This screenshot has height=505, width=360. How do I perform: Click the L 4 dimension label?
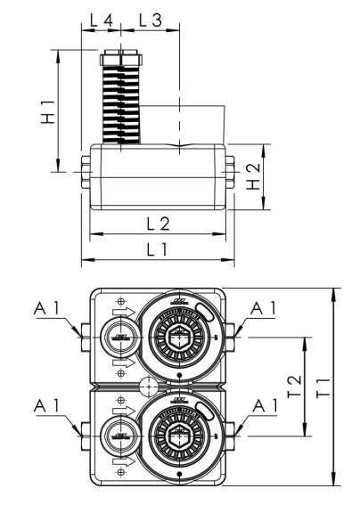102,19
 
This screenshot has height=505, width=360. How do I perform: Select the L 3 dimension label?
150,19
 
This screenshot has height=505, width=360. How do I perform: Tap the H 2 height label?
254,175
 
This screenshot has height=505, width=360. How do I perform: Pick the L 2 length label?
159,222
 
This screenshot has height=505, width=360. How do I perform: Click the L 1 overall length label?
157,250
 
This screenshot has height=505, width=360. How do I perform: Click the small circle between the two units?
148,387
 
